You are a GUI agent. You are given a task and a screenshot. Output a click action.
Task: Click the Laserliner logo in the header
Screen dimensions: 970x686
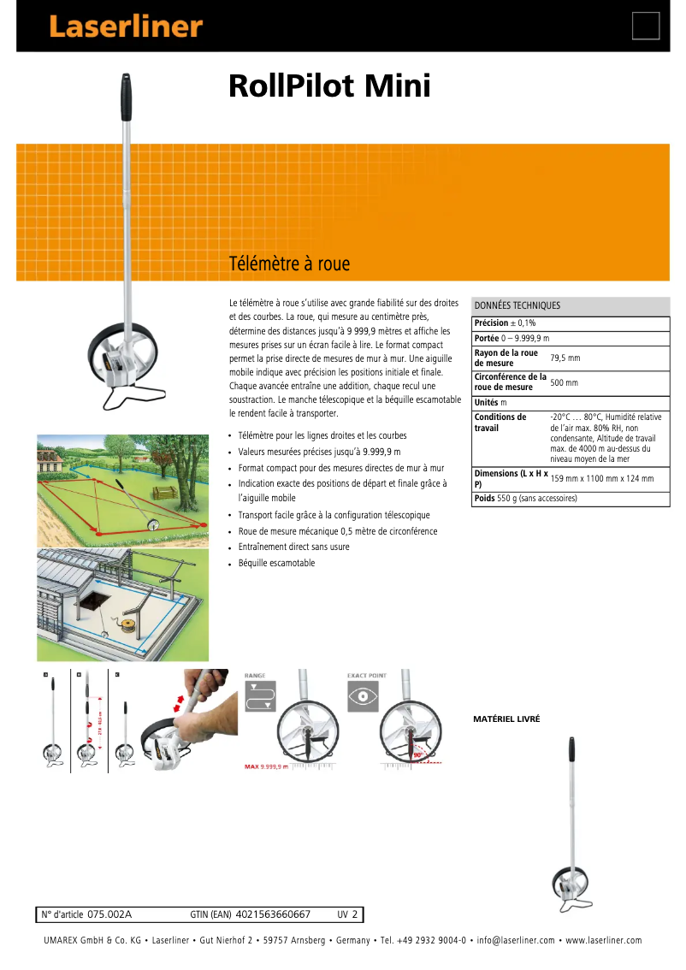pyautogui.click(x=126, y=27)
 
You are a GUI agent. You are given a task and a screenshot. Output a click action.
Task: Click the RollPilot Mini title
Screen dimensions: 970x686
pyautogui.click(x=329, y=87)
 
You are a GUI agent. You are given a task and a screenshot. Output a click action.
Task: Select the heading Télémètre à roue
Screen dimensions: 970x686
pyautogui.click(x=289, y=263)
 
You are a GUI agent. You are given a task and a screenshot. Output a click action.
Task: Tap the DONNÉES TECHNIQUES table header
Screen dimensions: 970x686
pyautogui.click(x=517, y=305)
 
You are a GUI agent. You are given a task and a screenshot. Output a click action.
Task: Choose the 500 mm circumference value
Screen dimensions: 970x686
pyautogui.click(x=564, y=382)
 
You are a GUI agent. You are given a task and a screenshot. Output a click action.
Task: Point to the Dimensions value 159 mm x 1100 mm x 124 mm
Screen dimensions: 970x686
pyautogui.click(x=601, y=479)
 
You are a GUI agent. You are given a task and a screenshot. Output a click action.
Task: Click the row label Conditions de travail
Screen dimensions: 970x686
pyautogui.click(x=500, y=423)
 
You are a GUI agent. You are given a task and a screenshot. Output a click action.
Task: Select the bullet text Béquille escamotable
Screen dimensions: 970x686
pyautogui.click(x=276, y=563)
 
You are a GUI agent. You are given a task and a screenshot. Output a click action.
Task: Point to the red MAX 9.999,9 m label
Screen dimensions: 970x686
pyautogui.click(x=266, y=766)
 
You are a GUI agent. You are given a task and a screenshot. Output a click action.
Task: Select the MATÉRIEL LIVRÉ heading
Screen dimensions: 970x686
pyautogui.click(x=506, y=719)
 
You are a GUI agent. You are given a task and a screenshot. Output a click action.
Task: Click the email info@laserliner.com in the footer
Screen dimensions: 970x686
pyautogui.click(x=516, y=940)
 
